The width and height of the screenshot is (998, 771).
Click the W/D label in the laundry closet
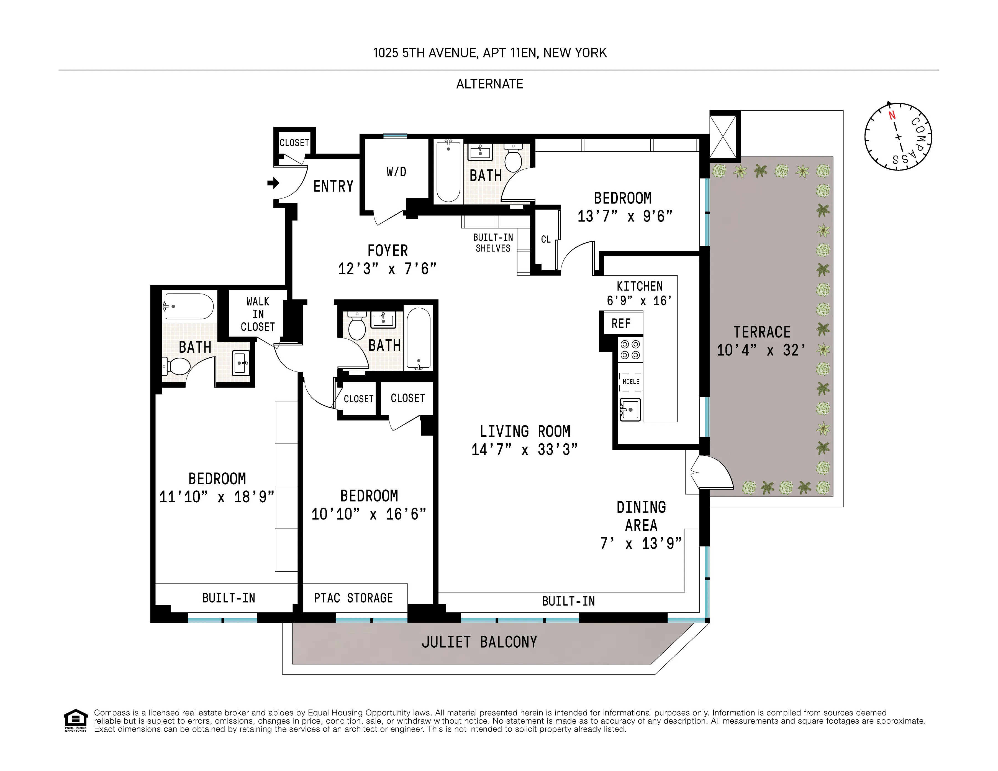click(396, 172)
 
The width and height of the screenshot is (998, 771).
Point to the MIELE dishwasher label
click(631, 381)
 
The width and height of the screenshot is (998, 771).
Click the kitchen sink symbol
click(630, 409)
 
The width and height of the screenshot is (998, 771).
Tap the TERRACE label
click(762, 332)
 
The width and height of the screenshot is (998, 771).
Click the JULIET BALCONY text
click(479, 642)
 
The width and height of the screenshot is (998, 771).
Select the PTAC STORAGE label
click(353, 598)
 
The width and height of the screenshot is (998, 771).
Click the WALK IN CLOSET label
click(258, 314)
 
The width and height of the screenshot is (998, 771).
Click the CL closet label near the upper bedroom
click(546, 239)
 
